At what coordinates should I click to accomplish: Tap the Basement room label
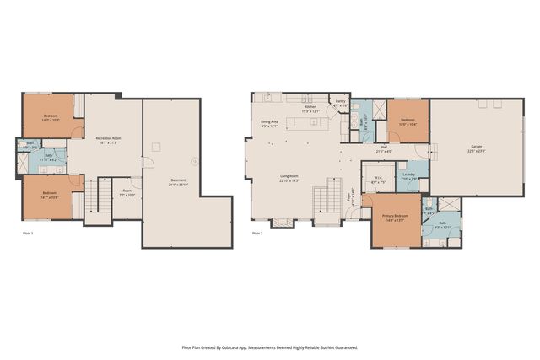178,180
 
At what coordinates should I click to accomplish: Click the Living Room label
289,178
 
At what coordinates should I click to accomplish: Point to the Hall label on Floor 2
383,149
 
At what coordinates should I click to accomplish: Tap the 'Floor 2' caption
258,232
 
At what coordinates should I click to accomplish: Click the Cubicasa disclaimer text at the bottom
269,347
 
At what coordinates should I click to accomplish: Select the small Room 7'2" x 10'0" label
127,192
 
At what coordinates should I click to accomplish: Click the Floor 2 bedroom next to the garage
408,121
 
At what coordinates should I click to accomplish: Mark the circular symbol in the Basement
196,161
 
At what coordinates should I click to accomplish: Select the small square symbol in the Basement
154,148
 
